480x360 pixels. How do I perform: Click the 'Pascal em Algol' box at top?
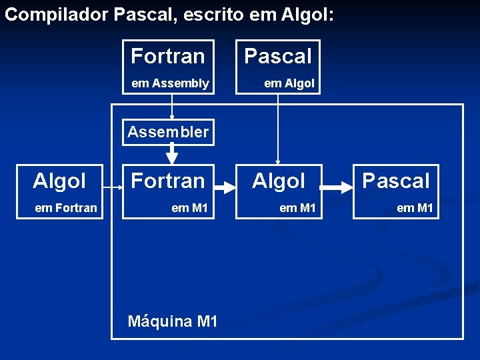click(x=278, y=67)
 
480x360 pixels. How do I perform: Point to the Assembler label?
click(x=168, y=132)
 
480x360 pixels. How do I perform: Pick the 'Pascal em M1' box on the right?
click(x=396, y=192)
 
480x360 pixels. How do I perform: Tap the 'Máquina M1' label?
click(x=173, y=321)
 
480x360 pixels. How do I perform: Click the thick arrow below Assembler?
click(x=172, y=154)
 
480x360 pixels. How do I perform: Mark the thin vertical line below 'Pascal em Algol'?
click(x=278, y=127)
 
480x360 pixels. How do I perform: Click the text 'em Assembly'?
click(x=170, y=83)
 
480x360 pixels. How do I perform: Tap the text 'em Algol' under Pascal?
click(x=289, y=83)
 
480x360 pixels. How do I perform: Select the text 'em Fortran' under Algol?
click(x=66, y=208)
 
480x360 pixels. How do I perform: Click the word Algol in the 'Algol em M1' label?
click(x=279, y=181)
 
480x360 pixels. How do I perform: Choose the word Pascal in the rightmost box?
click(x=396, y=181)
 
